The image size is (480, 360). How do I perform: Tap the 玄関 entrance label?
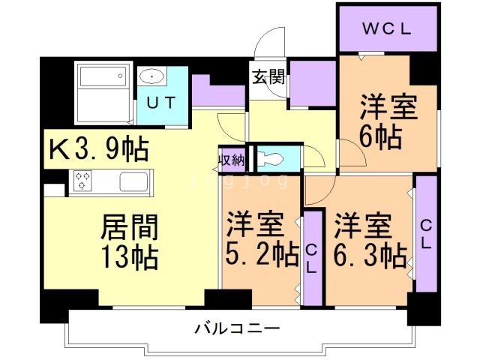click(266, 77)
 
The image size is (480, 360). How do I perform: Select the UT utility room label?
click(161, 103)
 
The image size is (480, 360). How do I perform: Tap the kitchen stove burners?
click(82, 181)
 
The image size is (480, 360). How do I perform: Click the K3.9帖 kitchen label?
click(98, 148)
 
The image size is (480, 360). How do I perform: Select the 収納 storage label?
click(232, 160)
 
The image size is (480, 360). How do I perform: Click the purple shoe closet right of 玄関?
click(312, 82)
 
